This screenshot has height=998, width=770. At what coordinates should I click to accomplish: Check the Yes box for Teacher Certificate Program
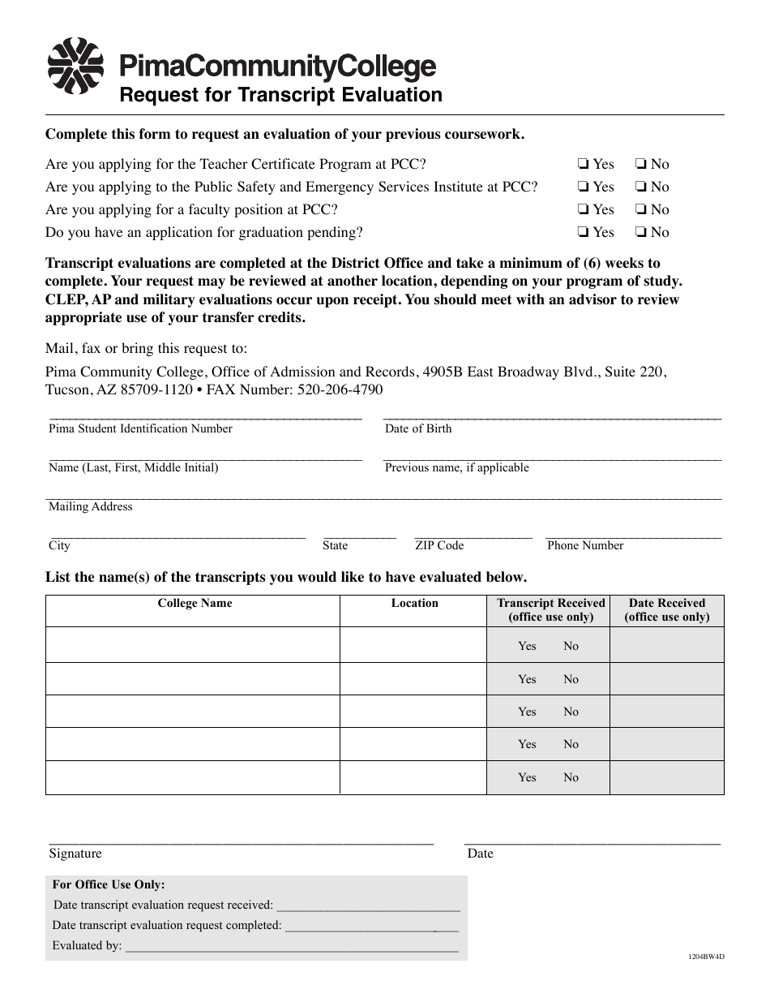click(x=583, y=164)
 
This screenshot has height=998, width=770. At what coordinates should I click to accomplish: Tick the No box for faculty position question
click(x=640, y=209)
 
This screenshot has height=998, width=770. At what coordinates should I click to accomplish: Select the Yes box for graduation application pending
click(x=583, y=232)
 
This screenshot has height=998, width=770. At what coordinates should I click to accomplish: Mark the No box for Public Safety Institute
click(x=640, y=187)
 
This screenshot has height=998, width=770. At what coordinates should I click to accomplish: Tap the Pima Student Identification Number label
click(x=140, y=428)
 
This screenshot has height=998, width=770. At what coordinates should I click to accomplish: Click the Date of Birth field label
click(x=418, y=428)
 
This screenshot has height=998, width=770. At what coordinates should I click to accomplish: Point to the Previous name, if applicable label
click(x=456, y=467)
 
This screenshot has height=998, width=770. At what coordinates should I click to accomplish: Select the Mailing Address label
click(x=90, y=506)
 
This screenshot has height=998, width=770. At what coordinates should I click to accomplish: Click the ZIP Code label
click(x=439, y=545)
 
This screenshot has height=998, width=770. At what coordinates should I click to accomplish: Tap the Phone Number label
click(x=585, y=545)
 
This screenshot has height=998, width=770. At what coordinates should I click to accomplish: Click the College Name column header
click(x=195, y=603)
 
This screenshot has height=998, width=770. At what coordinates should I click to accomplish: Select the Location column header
click(x=414, y=603)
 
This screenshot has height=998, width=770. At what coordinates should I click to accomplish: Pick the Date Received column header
click(x=667, y=609)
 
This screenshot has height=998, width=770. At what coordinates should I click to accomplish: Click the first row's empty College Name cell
click(x=193, y=645)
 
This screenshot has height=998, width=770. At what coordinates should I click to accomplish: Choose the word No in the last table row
click(x=571, y=777)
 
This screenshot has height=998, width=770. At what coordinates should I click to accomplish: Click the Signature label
click(x=75, y=853)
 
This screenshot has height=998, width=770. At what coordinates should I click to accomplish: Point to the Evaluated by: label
click(x=87, y=945)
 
